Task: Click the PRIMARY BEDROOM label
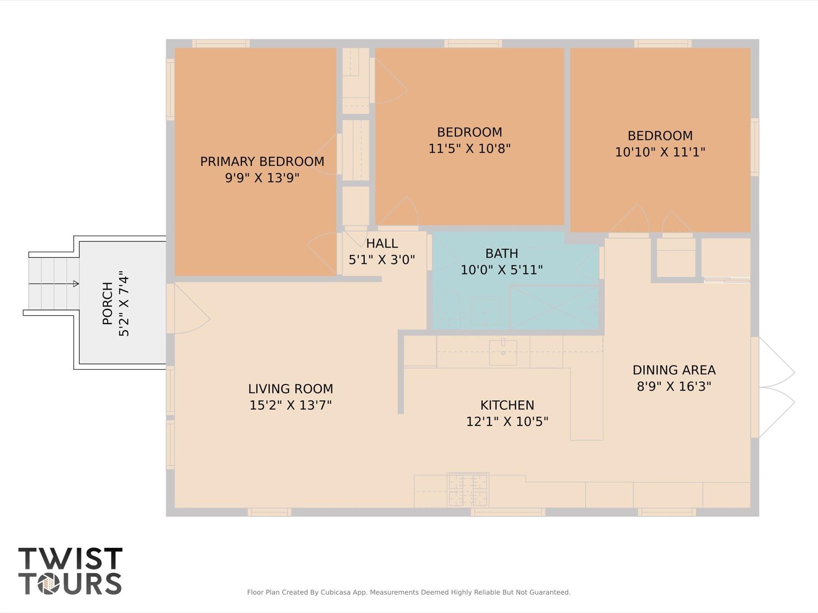point(262,161)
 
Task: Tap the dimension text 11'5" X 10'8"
point(469,149)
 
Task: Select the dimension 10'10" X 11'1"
point(660,152)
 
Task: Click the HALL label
point(382,243)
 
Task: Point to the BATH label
point(502,254)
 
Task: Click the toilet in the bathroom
point(449,309)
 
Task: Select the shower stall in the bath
point(554,307)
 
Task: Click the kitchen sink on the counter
point(503,352)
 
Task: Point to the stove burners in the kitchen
point(468,490)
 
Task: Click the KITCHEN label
point(507,405)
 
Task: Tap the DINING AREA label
point(674,370)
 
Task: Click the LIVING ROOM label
point(290,389)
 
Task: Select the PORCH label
point(107,304)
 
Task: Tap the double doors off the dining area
point(775,387)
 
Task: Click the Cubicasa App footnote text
point(408,592)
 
